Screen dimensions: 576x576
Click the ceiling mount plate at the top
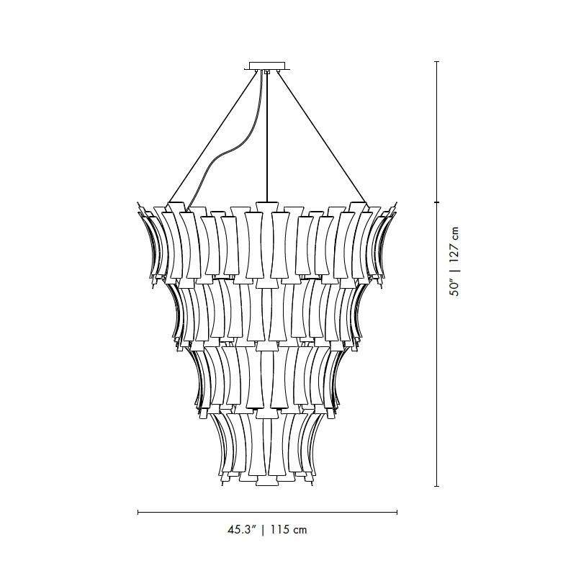coord(267,66)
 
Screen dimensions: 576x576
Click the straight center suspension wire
coord(267,137)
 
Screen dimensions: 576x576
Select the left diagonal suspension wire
coord(212,137)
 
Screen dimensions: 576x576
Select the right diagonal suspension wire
coord(322,137)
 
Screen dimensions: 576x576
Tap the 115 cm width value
coord(289,530)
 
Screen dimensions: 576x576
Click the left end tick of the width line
coord(138,512)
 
